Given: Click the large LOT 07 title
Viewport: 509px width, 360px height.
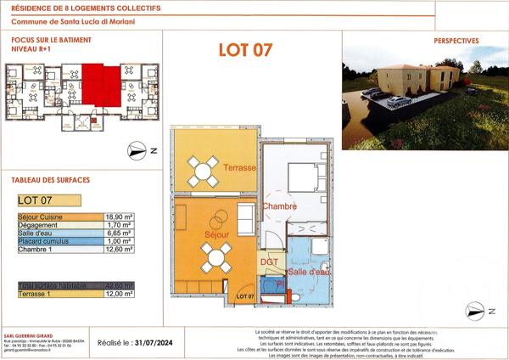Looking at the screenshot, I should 245,48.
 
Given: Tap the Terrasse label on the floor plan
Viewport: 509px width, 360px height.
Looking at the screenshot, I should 240,168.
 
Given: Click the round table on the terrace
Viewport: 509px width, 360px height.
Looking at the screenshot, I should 204,171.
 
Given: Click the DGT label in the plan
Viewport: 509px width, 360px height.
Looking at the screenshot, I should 268,262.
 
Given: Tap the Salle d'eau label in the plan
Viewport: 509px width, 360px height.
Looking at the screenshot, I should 309,272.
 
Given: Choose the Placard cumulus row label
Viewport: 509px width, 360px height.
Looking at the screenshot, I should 42,241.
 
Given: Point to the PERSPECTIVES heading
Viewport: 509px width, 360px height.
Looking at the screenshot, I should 456,40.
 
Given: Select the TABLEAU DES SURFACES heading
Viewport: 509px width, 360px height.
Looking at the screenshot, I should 50,180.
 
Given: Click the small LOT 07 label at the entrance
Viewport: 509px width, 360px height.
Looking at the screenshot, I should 245,294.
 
